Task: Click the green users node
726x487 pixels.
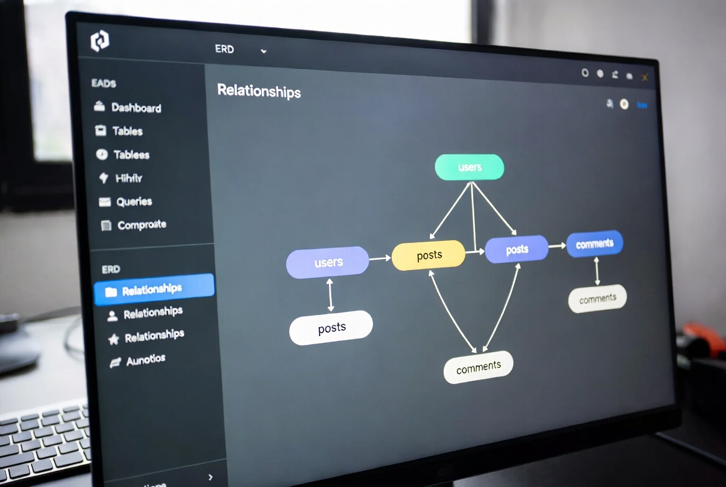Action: [469, 167]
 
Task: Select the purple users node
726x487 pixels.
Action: [328, 262]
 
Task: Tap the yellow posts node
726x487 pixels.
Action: [428, 255]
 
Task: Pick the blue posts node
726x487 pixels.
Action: [517, 249]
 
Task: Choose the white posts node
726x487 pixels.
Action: [331, 328]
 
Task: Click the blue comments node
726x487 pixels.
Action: [594, 243]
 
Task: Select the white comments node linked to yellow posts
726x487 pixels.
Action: [478, 368]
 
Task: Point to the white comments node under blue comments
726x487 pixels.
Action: [597, 299]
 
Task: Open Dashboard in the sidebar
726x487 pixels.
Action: [136, 107]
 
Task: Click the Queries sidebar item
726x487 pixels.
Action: [134, 201]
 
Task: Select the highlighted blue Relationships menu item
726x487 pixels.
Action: [154, 289]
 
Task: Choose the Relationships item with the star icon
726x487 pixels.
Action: [154, 336]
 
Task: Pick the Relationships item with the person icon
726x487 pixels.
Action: [152, 312]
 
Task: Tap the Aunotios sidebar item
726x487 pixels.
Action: [145, 360]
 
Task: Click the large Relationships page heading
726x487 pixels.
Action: [259, 91]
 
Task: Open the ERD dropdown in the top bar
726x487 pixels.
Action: [241, 50]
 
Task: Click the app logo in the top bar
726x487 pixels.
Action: [99, 41]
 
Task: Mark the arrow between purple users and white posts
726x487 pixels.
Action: [330, 294]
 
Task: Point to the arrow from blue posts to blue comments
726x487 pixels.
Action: [558, 246]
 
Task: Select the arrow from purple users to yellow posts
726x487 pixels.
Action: [380, 258]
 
